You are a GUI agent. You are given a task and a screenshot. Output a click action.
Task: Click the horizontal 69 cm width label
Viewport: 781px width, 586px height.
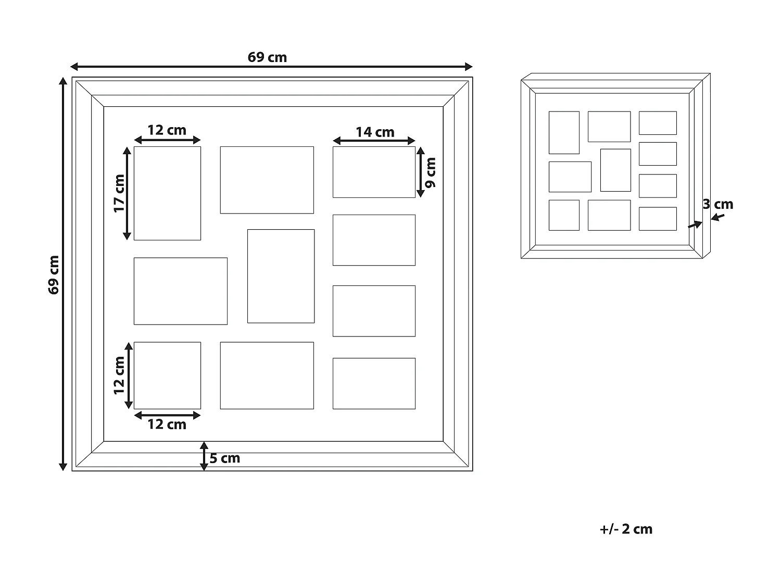pos(267,57)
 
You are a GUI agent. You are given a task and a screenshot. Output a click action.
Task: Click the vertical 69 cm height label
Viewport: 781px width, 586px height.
pos(54,275)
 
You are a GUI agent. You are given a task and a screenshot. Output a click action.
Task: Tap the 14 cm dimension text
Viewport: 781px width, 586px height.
pos(375,132)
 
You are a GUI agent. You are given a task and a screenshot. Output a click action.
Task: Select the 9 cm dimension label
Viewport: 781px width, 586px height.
pos(431,172)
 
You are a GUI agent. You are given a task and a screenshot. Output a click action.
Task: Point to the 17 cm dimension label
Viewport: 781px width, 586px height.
pos(119,194)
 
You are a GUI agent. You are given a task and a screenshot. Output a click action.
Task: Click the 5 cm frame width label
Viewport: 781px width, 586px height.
pos(224,458)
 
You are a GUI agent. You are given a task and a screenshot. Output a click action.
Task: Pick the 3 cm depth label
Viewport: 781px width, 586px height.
pos(717,204)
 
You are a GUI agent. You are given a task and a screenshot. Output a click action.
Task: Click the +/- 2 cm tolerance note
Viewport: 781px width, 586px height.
pos(626,529)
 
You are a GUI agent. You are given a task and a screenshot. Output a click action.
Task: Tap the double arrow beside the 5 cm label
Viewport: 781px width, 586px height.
pos(204,456)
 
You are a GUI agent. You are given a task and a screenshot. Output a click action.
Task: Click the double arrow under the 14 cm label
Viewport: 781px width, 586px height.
pos(374,141)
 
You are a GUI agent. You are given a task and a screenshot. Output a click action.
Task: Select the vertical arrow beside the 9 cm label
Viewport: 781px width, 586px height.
pos(421,172)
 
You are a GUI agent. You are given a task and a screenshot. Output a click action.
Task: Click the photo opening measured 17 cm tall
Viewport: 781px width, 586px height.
pos(167,193)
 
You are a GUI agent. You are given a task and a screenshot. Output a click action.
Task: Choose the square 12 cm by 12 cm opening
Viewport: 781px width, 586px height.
pos(167,376)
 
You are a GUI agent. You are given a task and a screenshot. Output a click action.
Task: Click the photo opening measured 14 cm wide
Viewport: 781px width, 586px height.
pos(374,172)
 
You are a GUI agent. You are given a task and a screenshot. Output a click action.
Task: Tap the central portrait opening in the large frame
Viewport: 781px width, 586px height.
pos(281,276)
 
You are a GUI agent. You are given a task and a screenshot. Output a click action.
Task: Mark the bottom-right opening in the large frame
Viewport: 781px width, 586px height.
pos(374,383)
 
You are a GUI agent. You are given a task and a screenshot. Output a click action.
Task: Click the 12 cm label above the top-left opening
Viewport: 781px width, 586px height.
pos(167,130)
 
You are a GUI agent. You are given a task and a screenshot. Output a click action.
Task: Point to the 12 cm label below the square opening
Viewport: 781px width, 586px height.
pos(167,425)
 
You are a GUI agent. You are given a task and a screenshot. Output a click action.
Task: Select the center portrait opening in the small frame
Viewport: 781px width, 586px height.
pos(615,170)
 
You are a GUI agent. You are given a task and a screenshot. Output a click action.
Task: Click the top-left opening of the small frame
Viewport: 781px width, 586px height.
pos(564,133)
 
